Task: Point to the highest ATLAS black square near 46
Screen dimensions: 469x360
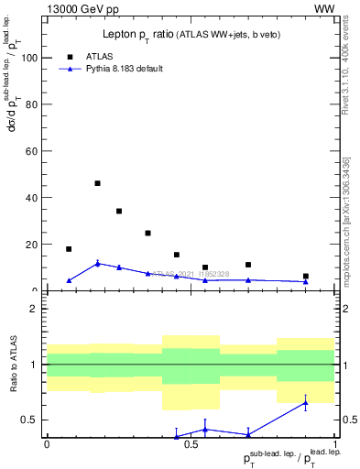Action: [97, 183]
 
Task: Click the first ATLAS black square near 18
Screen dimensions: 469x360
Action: [69, 249]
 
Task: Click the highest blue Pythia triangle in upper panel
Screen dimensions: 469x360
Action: [97, 264]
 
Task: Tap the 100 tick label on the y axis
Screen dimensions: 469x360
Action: [30, 58]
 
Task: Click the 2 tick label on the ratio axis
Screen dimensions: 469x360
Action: [35, 309]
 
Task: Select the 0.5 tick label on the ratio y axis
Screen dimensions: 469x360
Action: [30, 420]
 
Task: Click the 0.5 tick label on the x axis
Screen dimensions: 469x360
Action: [191, 444]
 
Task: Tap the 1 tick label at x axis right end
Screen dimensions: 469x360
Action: [335, 444]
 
